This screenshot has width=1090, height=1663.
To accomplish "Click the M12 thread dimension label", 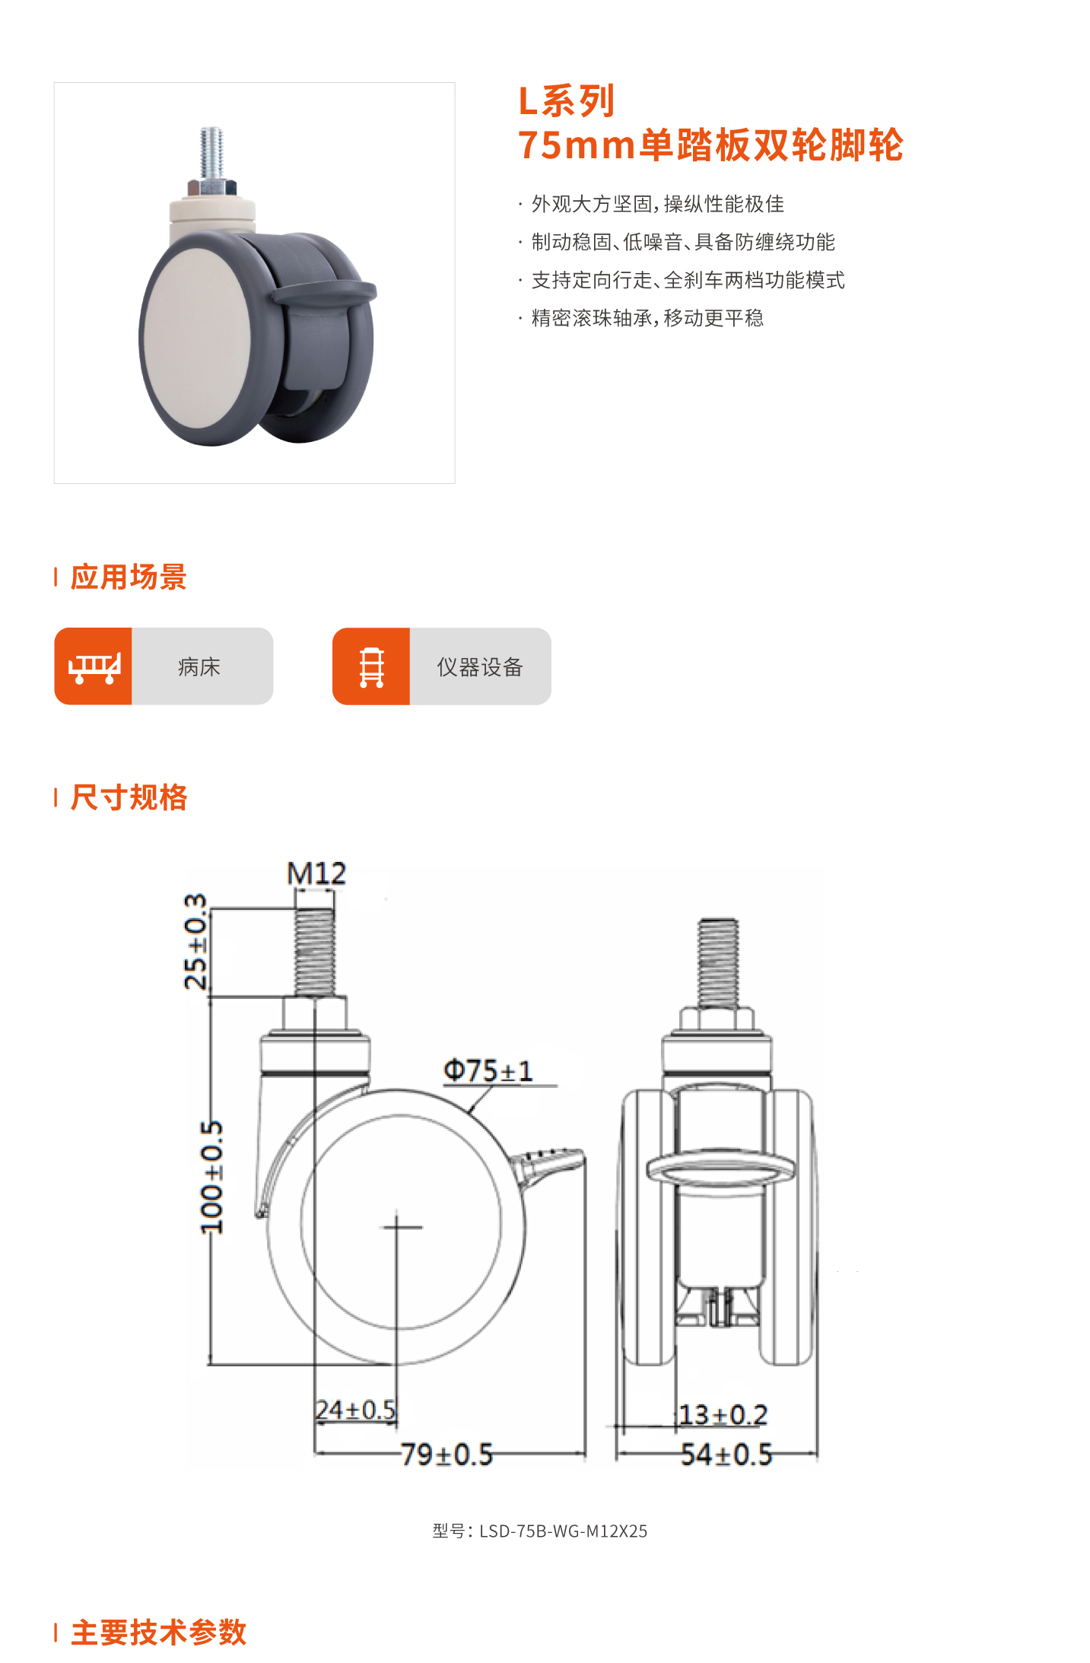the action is pyautogui.click(x=316, y=873).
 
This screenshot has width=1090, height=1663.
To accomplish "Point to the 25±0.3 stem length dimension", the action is pyautogui.click(x=195, y=942).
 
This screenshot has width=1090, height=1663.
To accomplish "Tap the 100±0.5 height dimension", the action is pyautogui.click(x=211, y=1177).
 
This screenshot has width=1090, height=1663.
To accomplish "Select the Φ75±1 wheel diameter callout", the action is pyautogui.click(x=488, y=1070).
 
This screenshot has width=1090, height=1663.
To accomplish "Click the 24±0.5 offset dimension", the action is pyautogui.click(x=356, y=1410).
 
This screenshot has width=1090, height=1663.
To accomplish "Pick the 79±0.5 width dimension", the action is pyautogui.click(x=447, y=1455).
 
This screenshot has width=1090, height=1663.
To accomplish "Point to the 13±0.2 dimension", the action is pyautogui.click(x=723, y=1415).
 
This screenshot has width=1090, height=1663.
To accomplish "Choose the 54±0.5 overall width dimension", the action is pyautogui.click(x=726, y=1455).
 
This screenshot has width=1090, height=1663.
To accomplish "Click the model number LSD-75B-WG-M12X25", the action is pyautogui.click(x=540, y=1531).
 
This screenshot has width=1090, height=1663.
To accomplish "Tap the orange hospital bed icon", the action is pyautogui.click(x=94, y=666).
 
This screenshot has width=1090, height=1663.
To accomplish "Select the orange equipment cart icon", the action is pyautogui.click(x=371, y=666).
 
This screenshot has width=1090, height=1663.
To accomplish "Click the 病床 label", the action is pyautogui.click(x=199, y=667).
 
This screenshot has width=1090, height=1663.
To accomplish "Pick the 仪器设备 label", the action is pyautogui.click(x=480, y=667).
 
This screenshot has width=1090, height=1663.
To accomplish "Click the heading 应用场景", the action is pyautogui.click(x=129, y=577).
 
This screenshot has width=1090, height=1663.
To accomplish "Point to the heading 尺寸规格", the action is pyautogui.click(x=129, y=797).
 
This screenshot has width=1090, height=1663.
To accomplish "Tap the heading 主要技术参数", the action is pyautogui.click(x=158, y=1632).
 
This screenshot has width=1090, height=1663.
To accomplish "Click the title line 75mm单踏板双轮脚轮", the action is pyautogui.click(x=710, y=145).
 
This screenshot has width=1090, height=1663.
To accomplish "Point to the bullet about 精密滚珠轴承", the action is pyautogui.click(x=647, y=318).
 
